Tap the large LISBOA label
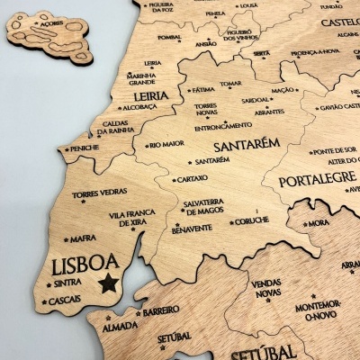(85, 265)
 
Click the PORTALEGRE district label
(317, 180)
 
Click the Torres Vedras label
(100, 193)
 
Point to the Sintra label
(67, 282)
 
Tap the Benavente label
(191, 229)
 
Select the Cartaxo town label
(192, 178)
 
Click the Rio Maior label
(167, 143)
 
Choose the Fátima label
(203, 90)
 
